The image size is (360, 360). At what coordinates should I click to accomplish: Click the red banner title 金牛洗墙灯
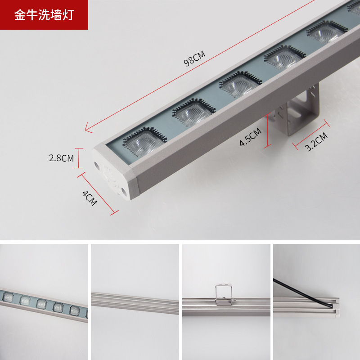pos(44,15)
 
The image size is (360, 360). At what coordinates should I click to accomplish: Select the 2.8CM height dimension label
pos(61,158)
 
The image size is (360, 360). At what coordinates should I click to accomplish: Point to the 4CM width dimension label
pos(90,198)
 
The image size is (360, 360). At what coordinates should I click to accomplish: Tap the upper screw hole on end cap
pos(97,165)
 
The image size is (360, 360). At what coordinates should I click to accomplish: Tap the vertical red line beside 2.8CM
pos(80,158)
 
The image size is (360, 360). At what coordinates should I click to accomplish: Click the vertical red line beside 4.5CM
pos(268,130)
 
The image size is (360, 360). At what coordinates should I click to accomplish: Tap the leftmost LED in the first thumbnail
pos(7,297)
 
